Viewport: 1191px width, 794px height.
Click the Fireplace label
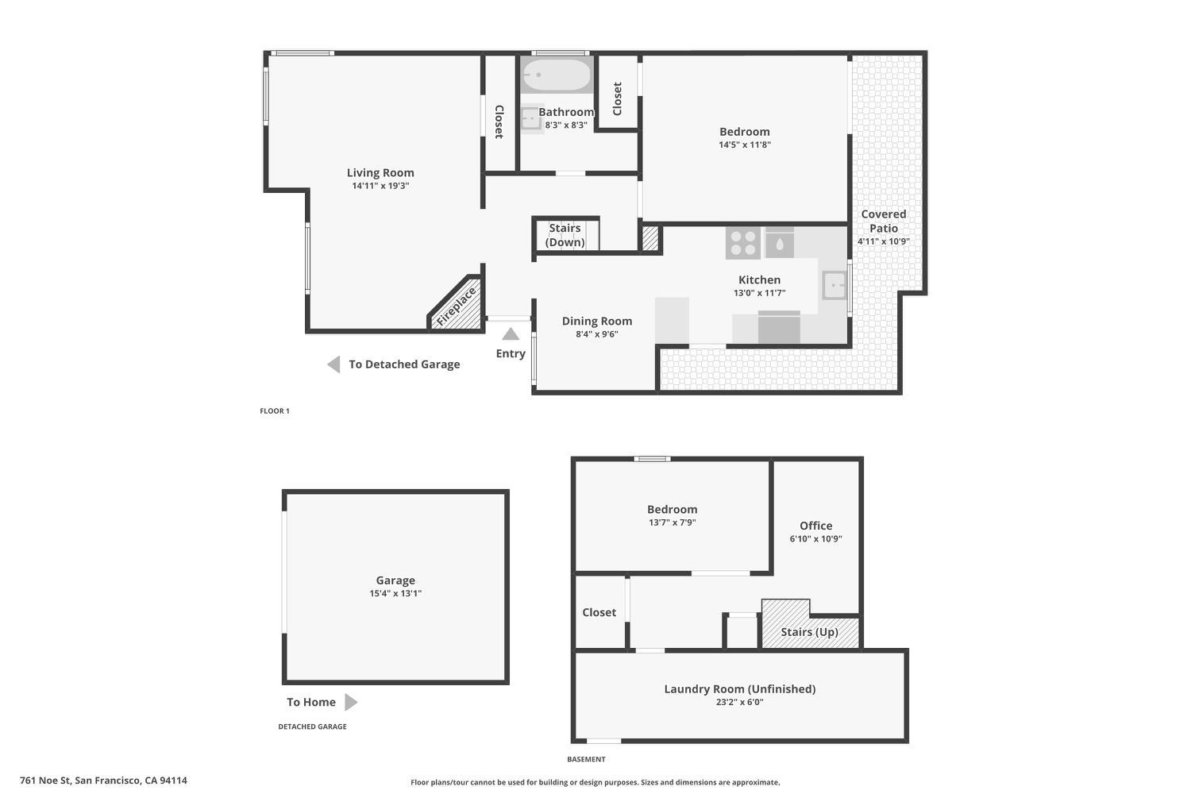click(457, 306)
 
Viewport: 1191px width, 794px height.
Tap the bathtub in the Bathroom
click(557, 75)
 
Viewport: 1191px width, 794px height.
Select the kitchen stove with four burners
click(742, 243)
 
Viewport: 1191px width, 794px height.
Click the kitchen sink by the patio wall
click(834, 284)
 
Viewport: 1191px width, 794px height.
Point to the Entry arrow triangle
click(511, 334)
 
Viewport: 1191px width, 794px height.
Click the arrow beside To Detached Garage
click(334, 364)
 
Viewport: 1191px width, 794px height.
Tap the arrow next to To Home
click(351, 702)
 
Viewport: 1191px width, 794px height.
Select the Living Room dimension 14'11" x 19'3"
click(380, 186)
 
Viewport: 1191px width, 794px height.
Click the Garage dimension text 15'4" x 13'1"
click(395, 593)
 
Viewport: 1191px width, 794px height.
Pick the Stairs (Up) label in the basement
click(809, 632)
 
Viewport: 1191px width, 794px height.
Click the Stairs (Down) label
click(565, 235)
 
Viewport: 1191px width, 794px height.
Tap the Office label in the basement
click(815, 526)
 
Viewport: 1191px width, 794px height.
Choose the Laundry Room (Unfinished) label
click(739, 688)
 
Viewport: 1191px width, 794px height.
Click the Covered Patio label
click(883, 221)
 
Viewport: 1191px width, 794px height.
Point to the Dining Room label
click(597, 321)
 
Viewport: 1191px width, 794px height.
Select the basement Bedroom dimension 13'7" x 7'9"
click(672, 522)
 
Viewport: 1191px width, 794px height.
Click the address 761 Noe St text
click(103, 781)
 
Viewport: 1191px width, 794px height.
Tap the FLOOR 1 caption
click(275, 411)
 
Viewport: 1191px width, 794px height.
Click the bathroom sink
click(530, 119)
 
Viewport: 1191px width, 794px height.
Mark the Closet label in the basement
click(599, 612)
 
